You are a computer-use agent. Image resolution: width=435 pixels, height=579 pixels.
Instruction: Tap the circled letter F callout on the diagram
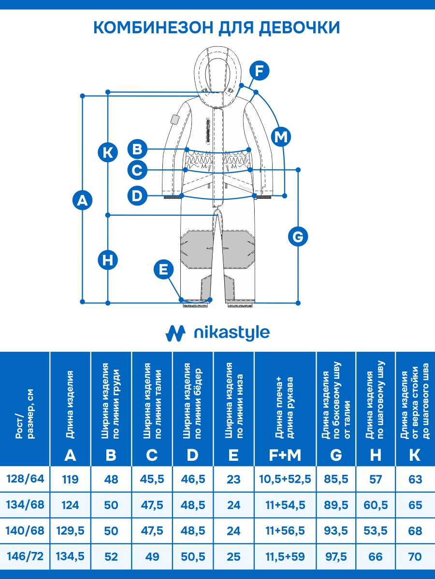[x=260, y=71]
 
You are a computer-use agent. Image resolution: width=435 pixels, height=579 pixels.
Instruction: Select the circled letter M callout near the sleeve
[x=280, y=137]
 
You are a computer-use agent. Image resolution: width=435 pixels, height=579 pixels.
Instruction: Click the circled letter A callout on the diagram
[x=82, y=200]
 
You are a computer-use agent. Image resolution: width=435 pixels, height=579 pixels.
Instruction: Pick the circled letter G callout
[x=298, y=237]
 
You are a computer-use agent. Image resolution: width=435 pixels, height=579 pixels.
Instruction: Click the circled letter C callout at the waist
[x=138, y=170]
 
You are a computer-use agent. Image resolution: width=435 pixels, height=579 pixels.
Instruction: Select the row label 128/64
[x=25, y=479]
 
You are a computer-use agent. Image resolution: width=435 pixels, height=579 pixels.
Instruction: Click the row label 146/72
[x=25, y=556]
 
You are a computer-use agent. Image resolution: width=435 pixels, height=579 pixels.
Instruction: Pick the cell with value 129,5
[x=71, y=531]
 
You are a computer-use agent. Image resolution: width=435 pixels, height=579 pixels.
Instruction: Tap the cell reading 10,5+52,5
[x=285, y=479]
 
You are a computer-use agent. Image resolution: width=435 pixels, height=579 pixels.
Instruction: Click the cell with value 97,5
[x=336, y=556]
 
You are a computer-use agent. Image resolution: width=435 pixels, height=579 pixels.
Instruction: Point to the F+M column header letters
[x=285, y=455]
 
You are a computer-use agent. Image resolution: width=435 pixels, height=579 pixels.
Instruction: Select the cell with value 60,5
[x=376, y=505]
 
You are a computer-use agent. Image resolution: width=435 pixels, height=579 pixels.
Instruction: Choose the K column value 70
[x=415, y=556]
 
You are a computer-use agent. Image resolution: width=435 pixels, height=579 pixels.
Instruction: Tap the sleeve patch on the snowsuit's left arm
[x=174, y=119]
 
